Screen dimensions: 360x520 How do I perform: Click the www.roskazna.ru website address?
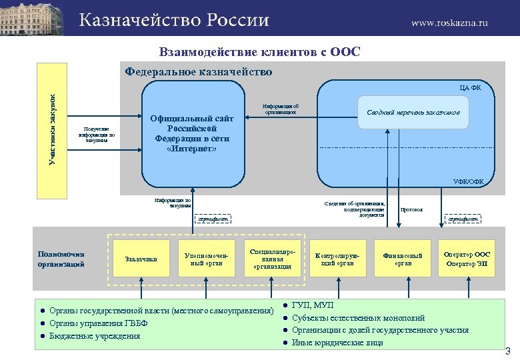(x=449, y=22)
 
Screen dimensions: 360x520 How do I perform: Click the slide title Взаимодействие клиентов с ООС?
(x=259, y=52)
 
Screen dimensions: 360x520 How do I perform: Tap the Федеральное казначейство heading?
(x=199, y=72)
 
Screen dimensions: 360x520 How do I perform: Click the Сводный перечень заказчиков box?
(x=413, y=113)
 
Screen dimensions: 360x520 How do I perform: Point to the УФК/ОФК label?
(x=469, y=181)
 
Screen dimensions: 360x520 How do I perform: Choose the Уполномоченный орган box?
(x=206, y=259)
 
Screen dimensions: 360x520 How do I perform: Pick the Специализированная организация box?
(x=271, y=259)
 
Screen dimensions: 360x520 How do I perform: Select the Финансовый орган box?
(x=403, y=259)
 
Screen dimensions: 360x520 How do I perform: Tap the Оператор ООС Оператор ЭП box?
(x=467, y=259)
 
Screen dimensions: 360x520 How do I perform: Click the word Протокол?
(x=411, y=209)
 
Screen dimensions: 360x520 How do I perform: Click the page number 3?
(x=507, y=351)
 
